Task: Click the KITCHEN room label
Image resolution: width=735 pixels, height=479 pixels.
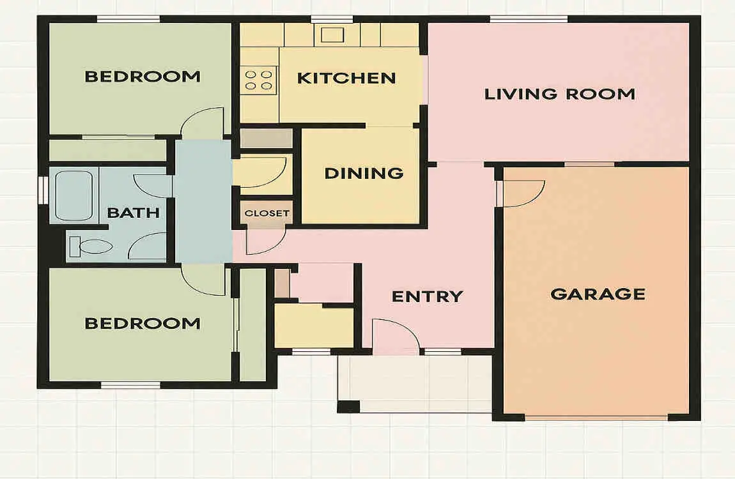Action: click(x=346, y=78)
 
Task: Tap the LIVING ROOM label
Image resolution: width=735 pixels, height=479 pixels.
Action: click(x=560, y=94)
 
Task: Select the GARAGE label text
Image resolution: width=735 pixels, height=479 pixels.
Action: click(x=598, y=294)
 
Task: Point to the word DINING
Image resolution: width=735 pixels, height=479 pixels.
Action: click(x=364, y=173)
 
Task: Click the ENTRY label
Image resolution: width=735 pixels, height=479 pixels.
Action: click(x=427, y=296)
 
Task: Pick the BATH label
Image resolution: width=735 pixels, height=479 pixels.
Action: click(x=133, y=213)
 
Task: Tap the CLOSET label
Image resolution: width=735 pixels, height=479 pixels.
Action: click(x=267, y=213)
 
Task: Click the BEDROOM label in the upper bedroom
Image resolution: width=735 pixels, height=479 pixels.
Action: click(x=143, y=77)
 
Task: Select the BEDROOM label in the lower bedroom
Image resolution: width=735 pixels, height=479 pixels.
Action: click(x=143, y=323)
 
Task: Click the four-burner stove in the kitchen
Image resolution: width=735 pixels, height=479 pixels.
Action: click(x=259, y=80)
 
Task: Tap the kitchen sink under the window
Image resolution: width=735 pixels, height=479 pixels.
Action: click(x=332, y=34)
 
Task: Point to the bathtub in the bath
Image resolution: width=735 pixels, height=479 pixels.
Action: click(x=74, y=195)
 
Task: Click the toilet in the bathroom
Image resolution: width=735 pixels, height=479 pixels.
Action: click(x=91, y=247)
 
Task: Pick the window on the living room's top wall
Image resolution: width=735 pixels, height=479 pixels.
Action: click(x=529, y=19)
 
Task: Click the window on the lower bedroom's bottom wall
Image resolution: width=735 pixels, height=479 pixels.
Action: click(x=131, y=385)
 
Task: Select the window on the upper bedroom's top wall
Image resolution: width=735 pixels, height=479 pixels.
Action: click(x=128, y=19)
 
